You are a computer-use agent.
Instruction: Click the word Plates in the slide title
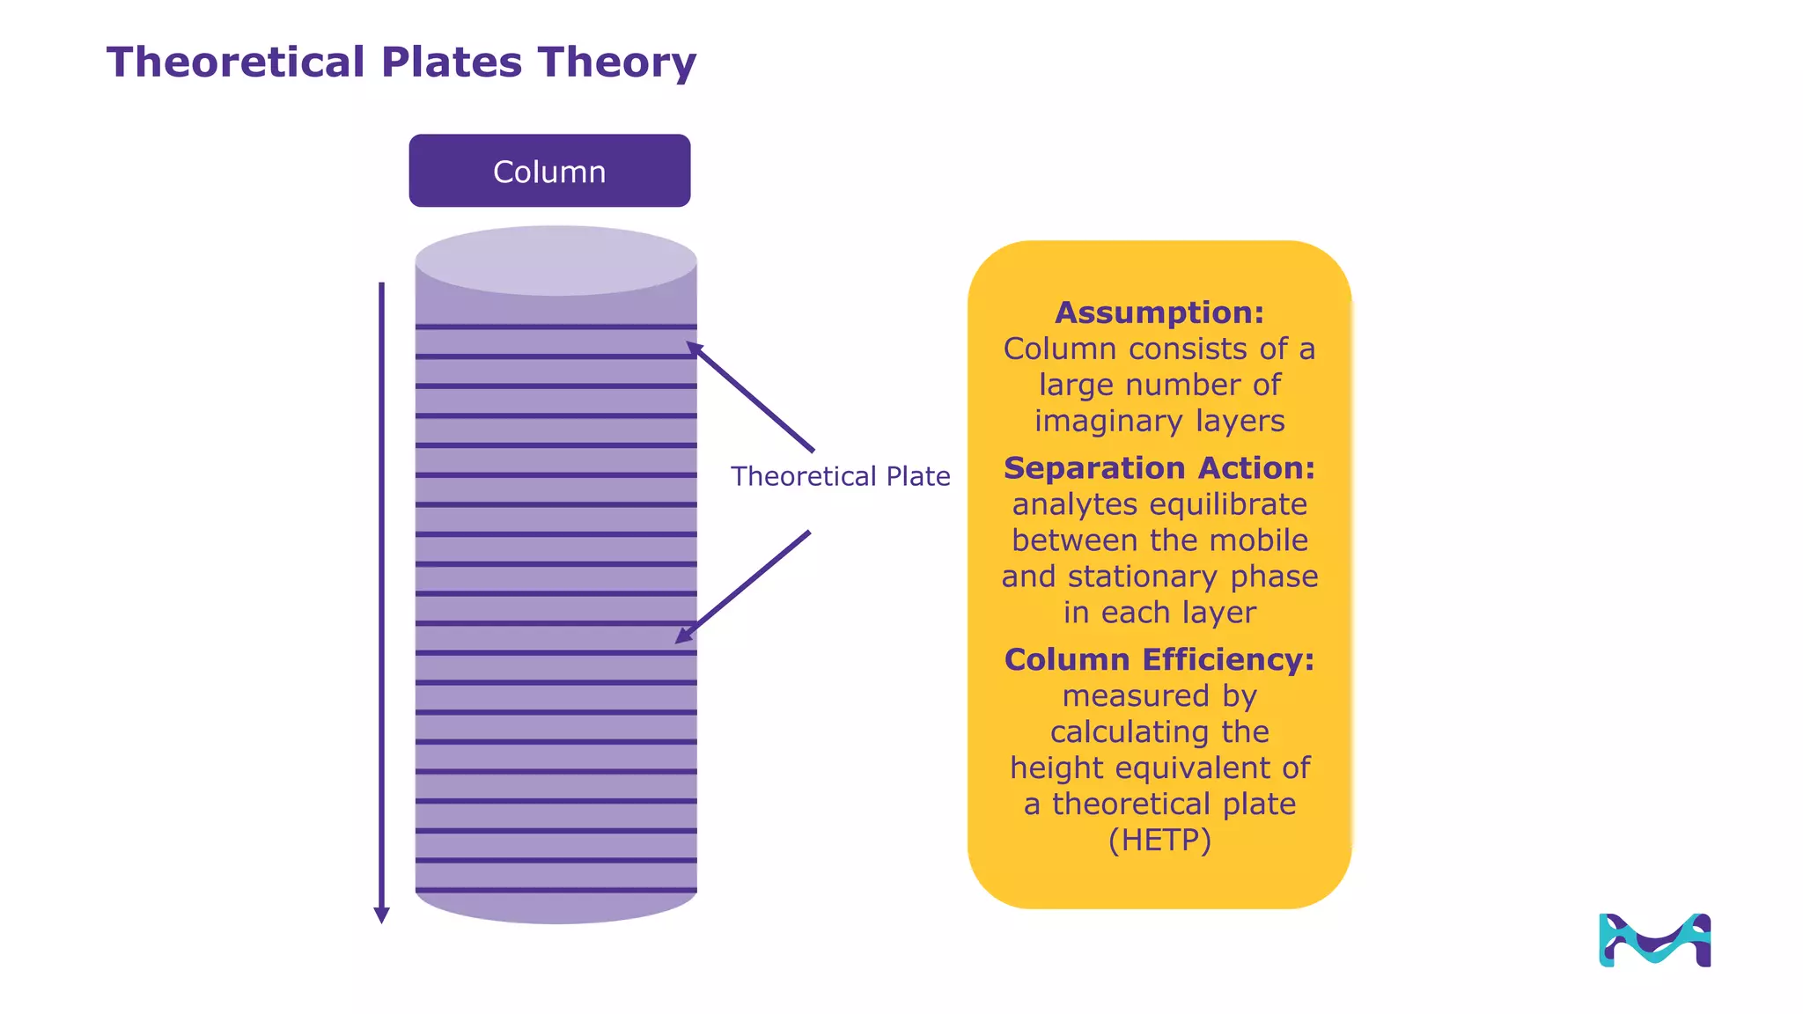(452, 62)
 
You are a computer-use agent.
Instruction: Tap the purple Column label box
(549, 171)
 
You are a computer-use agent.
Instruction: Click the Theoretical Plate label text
(840, 476)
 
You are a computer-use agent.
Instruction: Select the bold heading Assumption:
(1159, 312)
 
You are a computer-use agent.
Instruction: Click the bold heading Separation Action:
(1159, 467)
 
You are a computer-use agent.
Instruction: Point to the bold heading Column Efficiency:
(1159, 659)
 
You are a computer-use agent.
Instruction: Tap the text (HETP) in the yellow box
(1159, 840)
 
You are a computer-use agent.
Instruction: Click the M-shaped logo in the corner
(1654, 940)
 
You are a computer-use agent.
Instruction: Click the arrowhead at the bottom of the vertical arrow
(381, 915)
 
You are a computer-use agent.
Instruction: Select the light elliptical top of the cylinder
(556, 261)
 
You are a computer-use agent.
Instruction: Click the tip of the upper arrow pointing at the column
(689, 344)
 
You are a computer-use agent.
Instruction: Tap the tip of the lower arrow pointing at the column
(679, 641)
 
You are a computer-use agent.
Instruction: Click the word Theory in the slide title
(617, 62)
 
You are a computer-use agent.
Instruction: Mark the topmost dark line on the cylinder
(556, 327)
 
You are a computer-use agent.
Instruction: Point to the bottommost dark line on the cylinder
(556, 890)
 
